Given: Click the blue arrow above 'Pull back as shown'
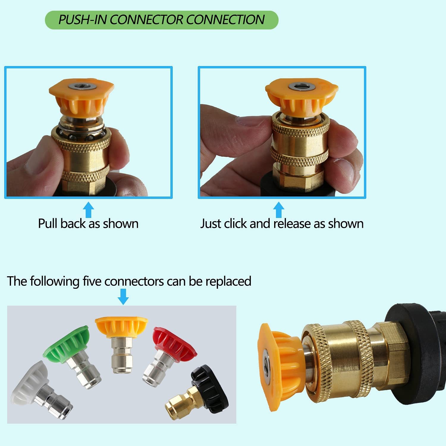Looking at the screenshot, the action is pyautogui.click(x=88, y=210).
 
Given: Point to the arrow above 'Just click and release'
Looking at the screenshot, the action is pyautogui.click(x=279, y=210).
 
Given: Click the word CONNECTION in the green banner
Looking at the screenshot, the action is pyautogui.click(x=225, y=20).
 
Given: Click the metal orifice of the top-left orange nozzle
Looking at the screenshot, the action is pyautogui.click(x=81, y=87).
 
